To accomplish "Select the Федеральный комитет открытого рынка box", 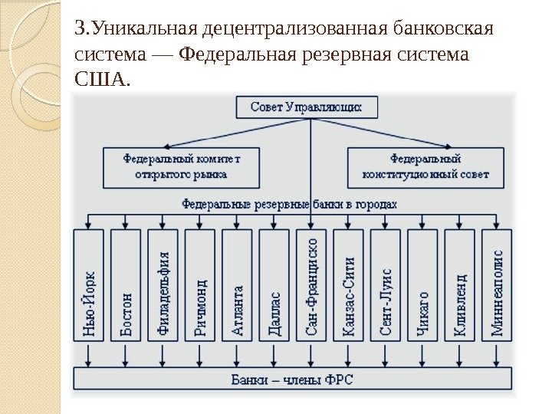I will (x=182, y=167).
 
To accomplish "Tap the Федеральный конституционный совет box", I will (x=426, y=167).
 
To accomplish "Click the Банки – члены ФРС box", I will (x=292, y=379).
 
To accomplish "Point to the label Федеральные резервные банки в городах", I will (x=290, y=204).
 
